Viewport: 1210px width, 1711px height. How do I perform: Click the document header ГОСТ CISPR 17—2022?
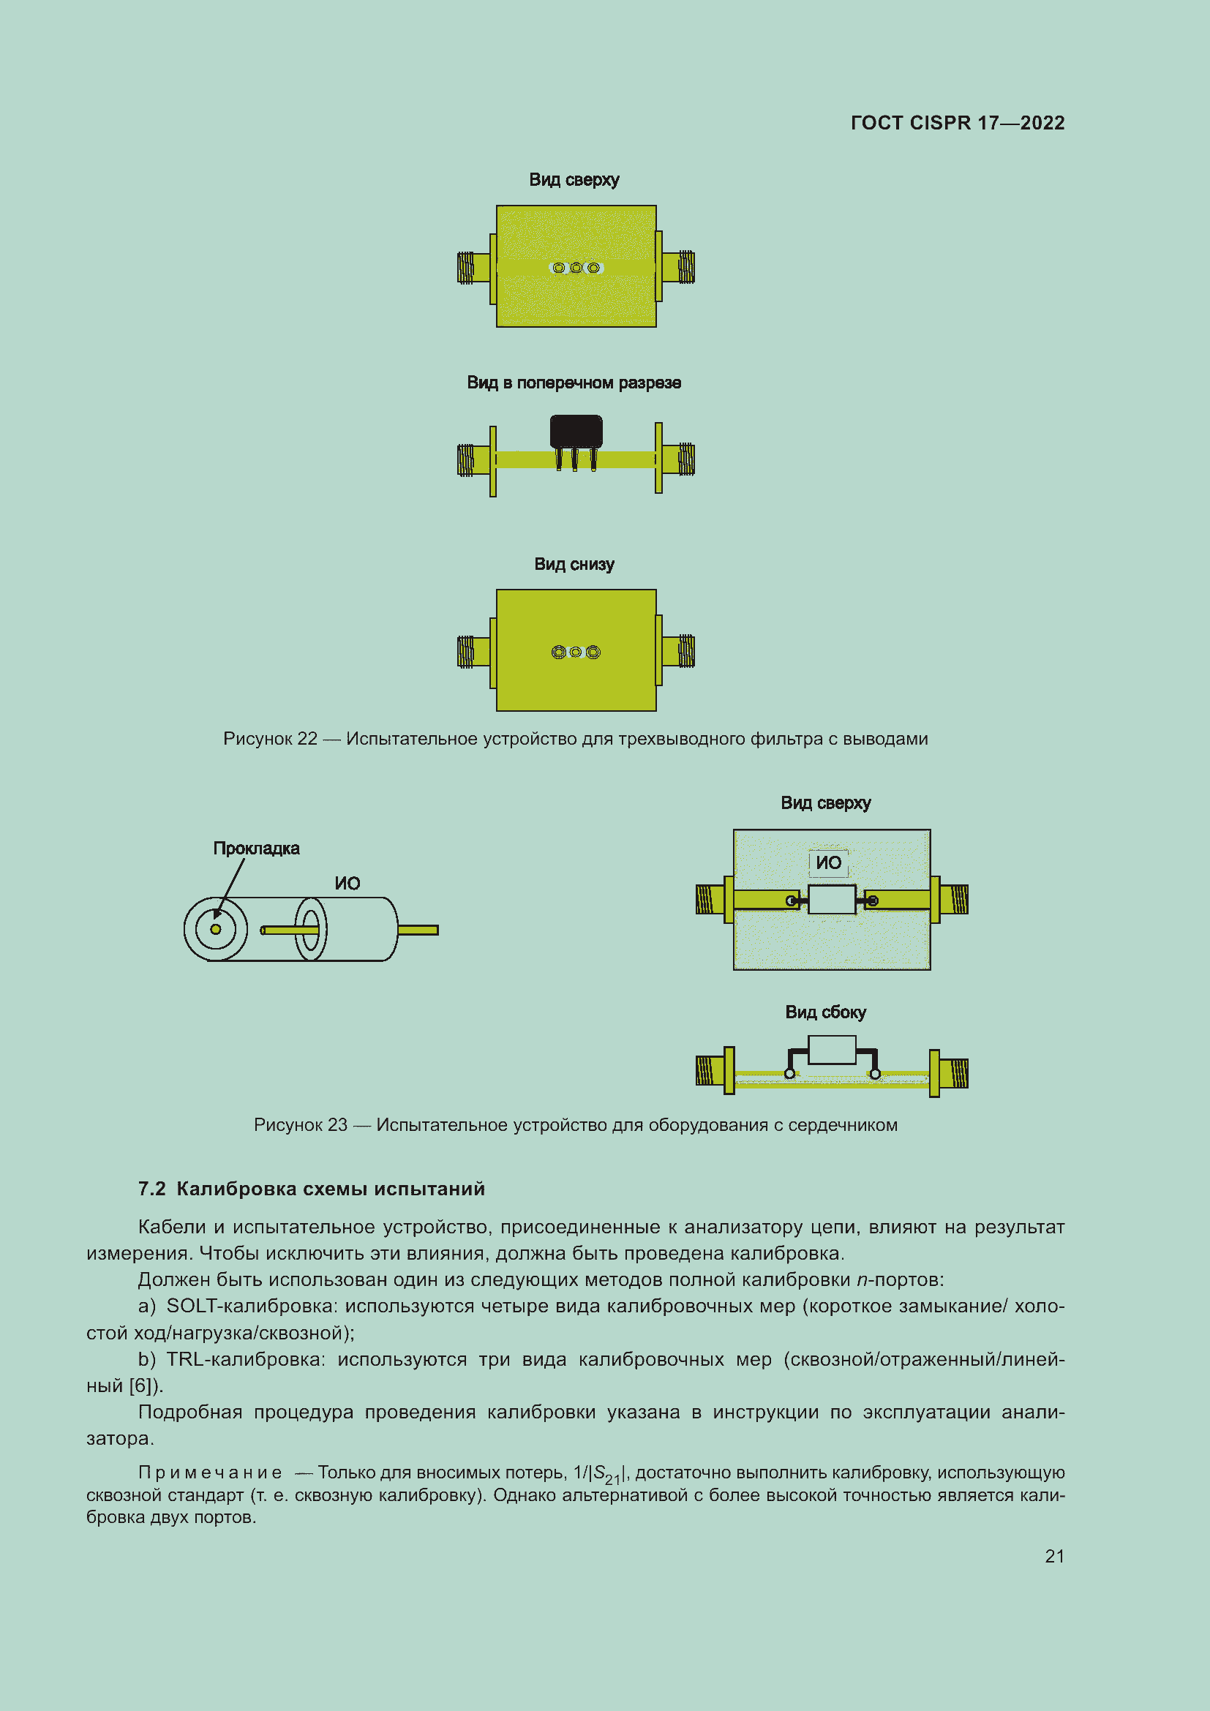point(957,123)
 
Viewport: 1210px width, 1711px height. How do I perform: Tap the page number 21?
point(1054,1556)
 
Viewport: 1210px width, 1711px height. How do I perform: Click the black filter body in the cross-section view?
point(575,431)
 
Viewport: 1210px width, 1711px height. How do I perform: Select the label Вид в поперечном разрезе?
point(574,383)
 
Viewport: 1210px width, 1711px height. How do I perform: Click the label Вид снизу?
point(574,564)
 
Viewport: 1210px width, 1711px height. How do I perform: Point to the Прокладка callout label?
point(256,848)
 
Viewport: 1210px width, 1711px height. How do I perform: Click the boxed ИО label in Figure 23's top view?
point(828,863)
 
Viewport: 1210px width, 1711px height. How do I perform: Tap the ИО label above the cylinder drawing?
point(347,883)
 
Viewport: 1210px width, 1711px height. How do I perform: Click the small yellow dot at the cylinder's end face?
point(215,929)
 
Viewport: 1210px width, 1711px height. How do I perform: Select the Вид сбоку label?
point(824,1012)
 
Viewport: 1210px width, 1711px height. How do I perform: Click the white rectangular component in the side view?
point(832,1050)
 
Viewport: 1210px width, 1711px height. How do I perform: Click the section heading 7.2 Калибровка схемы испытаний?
point(312,1189)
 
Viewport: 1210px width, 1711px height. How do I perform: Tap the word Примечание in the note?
point(210,1473)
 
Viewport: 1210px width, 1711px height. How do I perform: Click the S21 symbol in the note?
point(606,1474)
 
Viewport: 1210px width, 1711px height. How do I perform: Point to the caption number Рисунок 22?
point(270,739)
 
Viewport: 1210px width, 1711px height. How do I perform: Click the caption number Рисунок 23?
point(300,1124)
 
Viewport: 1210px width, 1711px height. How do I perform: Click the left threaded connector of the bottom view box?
point(467,651)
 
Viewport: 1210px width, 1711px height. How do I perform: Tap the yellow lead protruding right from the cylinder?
point(418,930)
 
